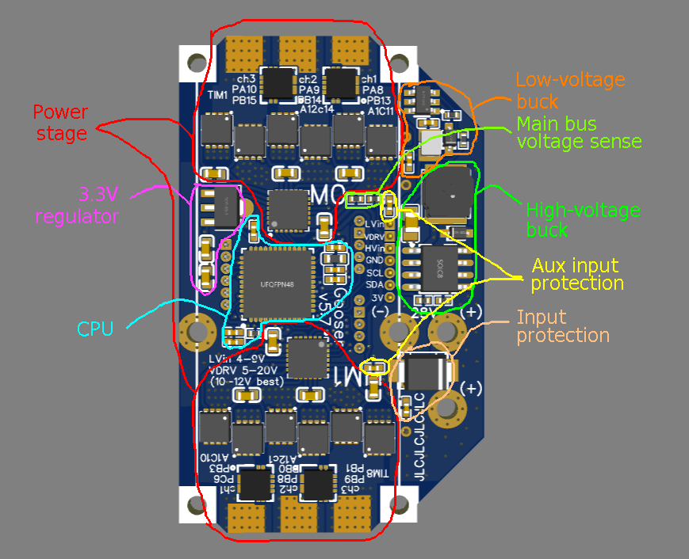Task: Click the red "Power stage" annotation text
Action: pos(60,123)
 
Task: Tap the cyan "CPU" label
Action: pos(95,329)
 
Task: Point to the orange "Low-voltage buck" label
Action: pos(570,90)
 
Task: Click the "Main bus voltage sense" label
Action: pos(579,133)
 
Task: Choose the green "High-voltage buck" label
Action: pos(583,220)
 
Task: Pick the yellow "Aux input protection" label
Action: pos(577,274)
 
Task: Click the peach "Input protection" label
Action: pos(563,326)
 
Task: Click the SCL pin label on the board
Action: pos(375,271)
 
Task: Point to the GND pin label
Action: pos(375,259)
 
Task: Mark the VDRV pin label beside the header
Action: pos(375,237)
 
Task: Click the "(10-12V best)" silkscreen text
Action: pos(247,382)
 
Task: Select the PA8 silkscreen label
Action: pos(370,90)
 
